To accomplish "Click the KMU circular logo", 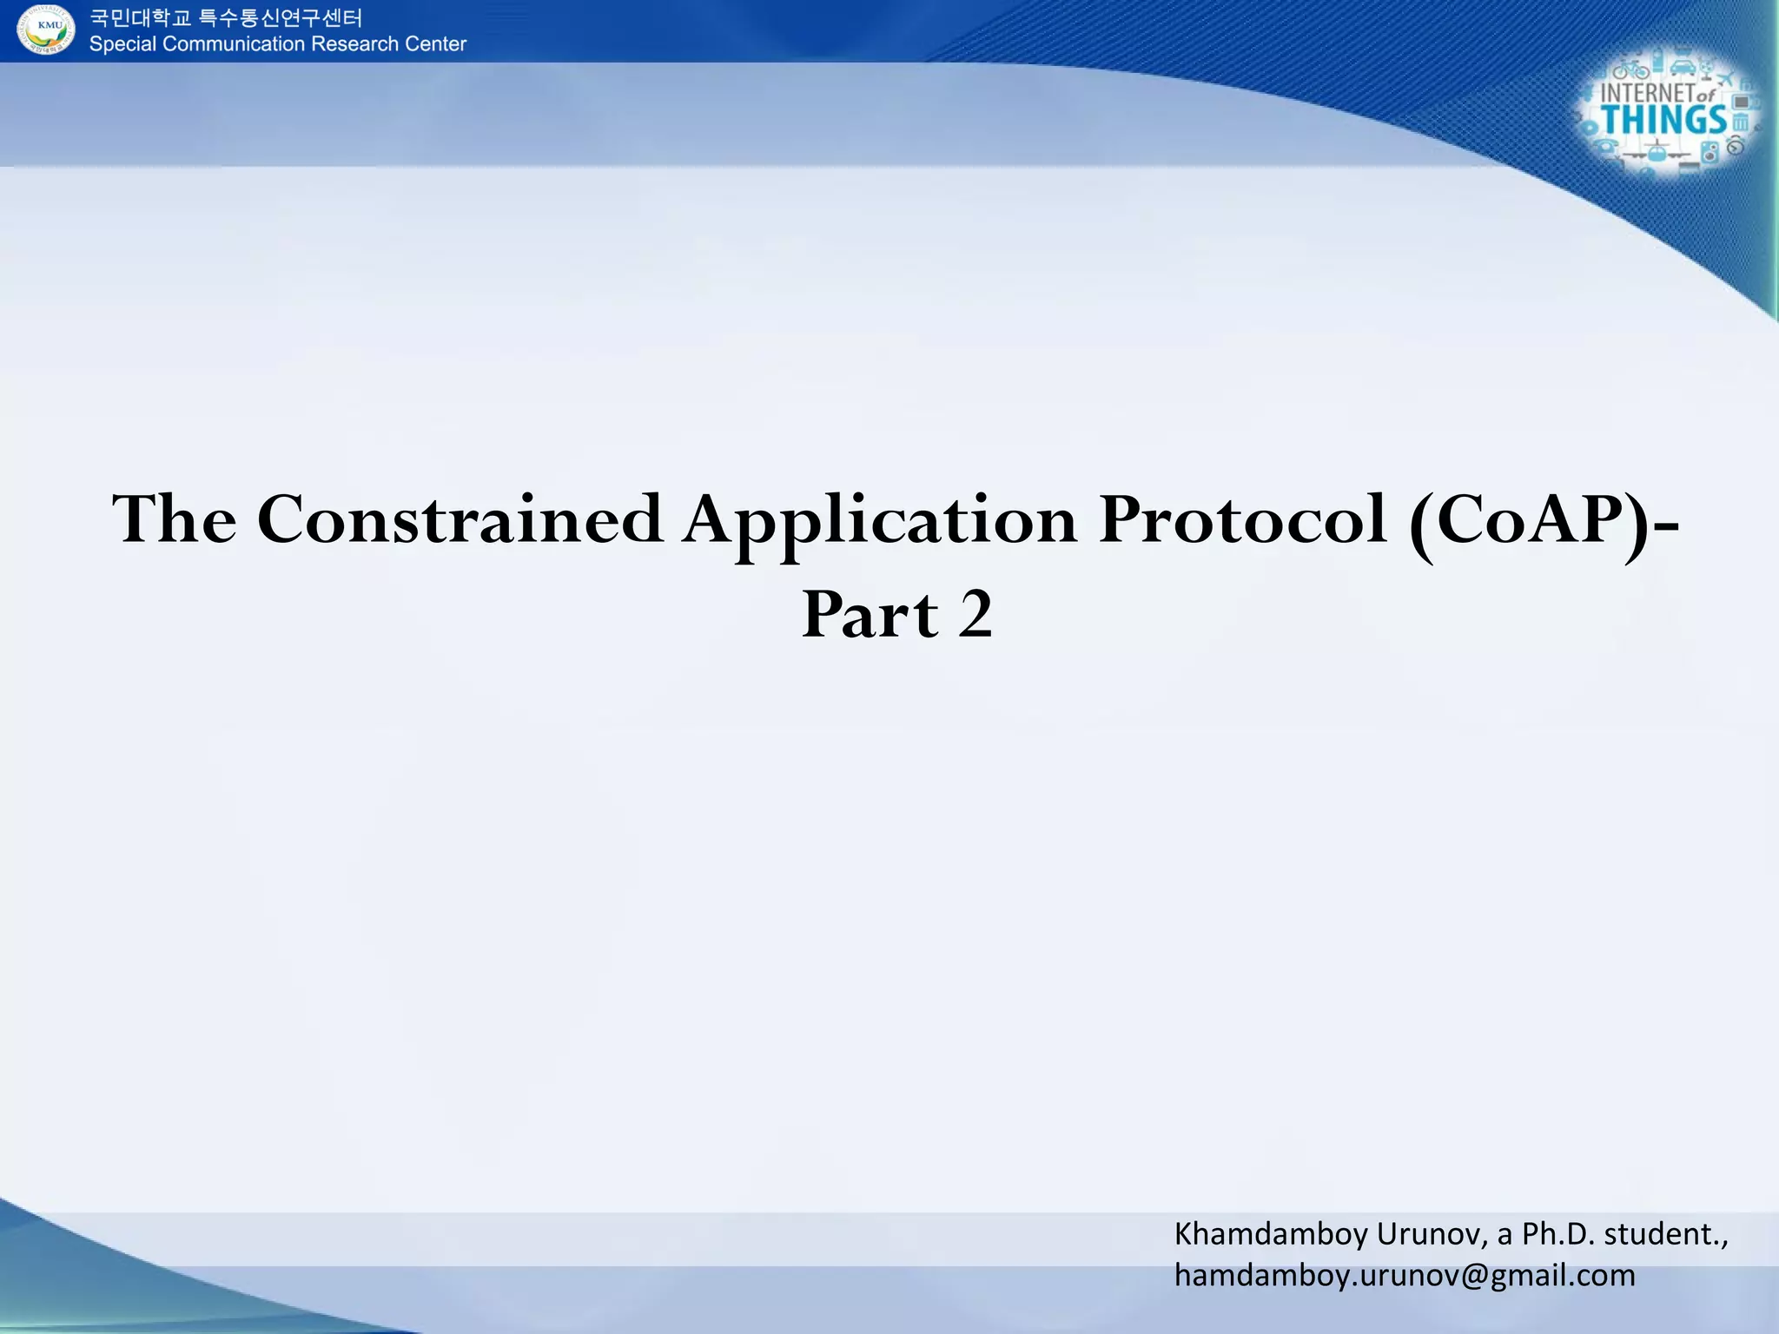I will coord(46,30).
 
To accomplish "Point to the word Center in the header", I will coord(436,44).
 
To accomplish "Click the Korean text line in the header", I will coord(226,17).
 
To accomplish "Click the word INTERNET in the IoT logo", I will coord(1648,93).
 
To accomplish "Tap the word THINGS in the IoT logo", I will coord(1663,121).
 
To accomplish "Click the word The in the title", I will coord(175,519).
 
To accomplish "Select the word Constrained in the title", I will coord(460,519).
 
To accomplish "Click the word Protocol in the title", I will coord(1242,519).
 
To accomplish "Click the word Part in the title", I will coord(870,615).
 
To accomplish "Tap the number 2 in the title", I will coord(975,615).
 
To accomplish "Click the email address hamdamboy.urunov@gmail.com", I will coord(1405,1276).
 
